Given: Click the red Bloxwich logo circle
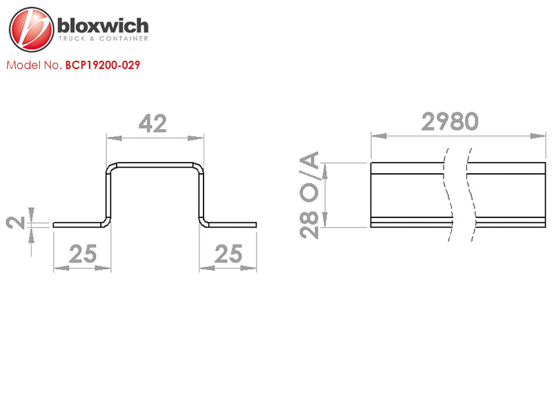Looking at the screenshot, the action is [x=31, y=30].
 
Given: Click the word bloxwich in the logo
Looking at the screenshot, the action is [x=103, y=26].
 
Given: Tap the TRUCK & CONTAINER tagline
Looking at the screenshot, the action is [x=103, y=39].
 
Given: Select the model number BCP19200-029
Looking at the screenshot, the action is [x=103, y=65].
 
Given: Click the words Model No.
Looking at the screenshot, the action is [x=34, y=65].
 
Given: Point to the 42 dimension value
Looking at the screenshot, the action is [x=152, y=123].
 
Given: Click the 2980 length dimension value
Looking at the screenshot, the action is [x=450, y=121].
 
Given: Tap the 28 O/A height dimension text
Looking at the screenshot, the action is [x=309, y=195].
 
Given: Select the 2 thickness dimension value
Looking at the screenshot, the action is [x=15, y=223].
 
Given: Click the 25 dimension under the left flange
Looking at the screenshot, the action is [x=83, y=254].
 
